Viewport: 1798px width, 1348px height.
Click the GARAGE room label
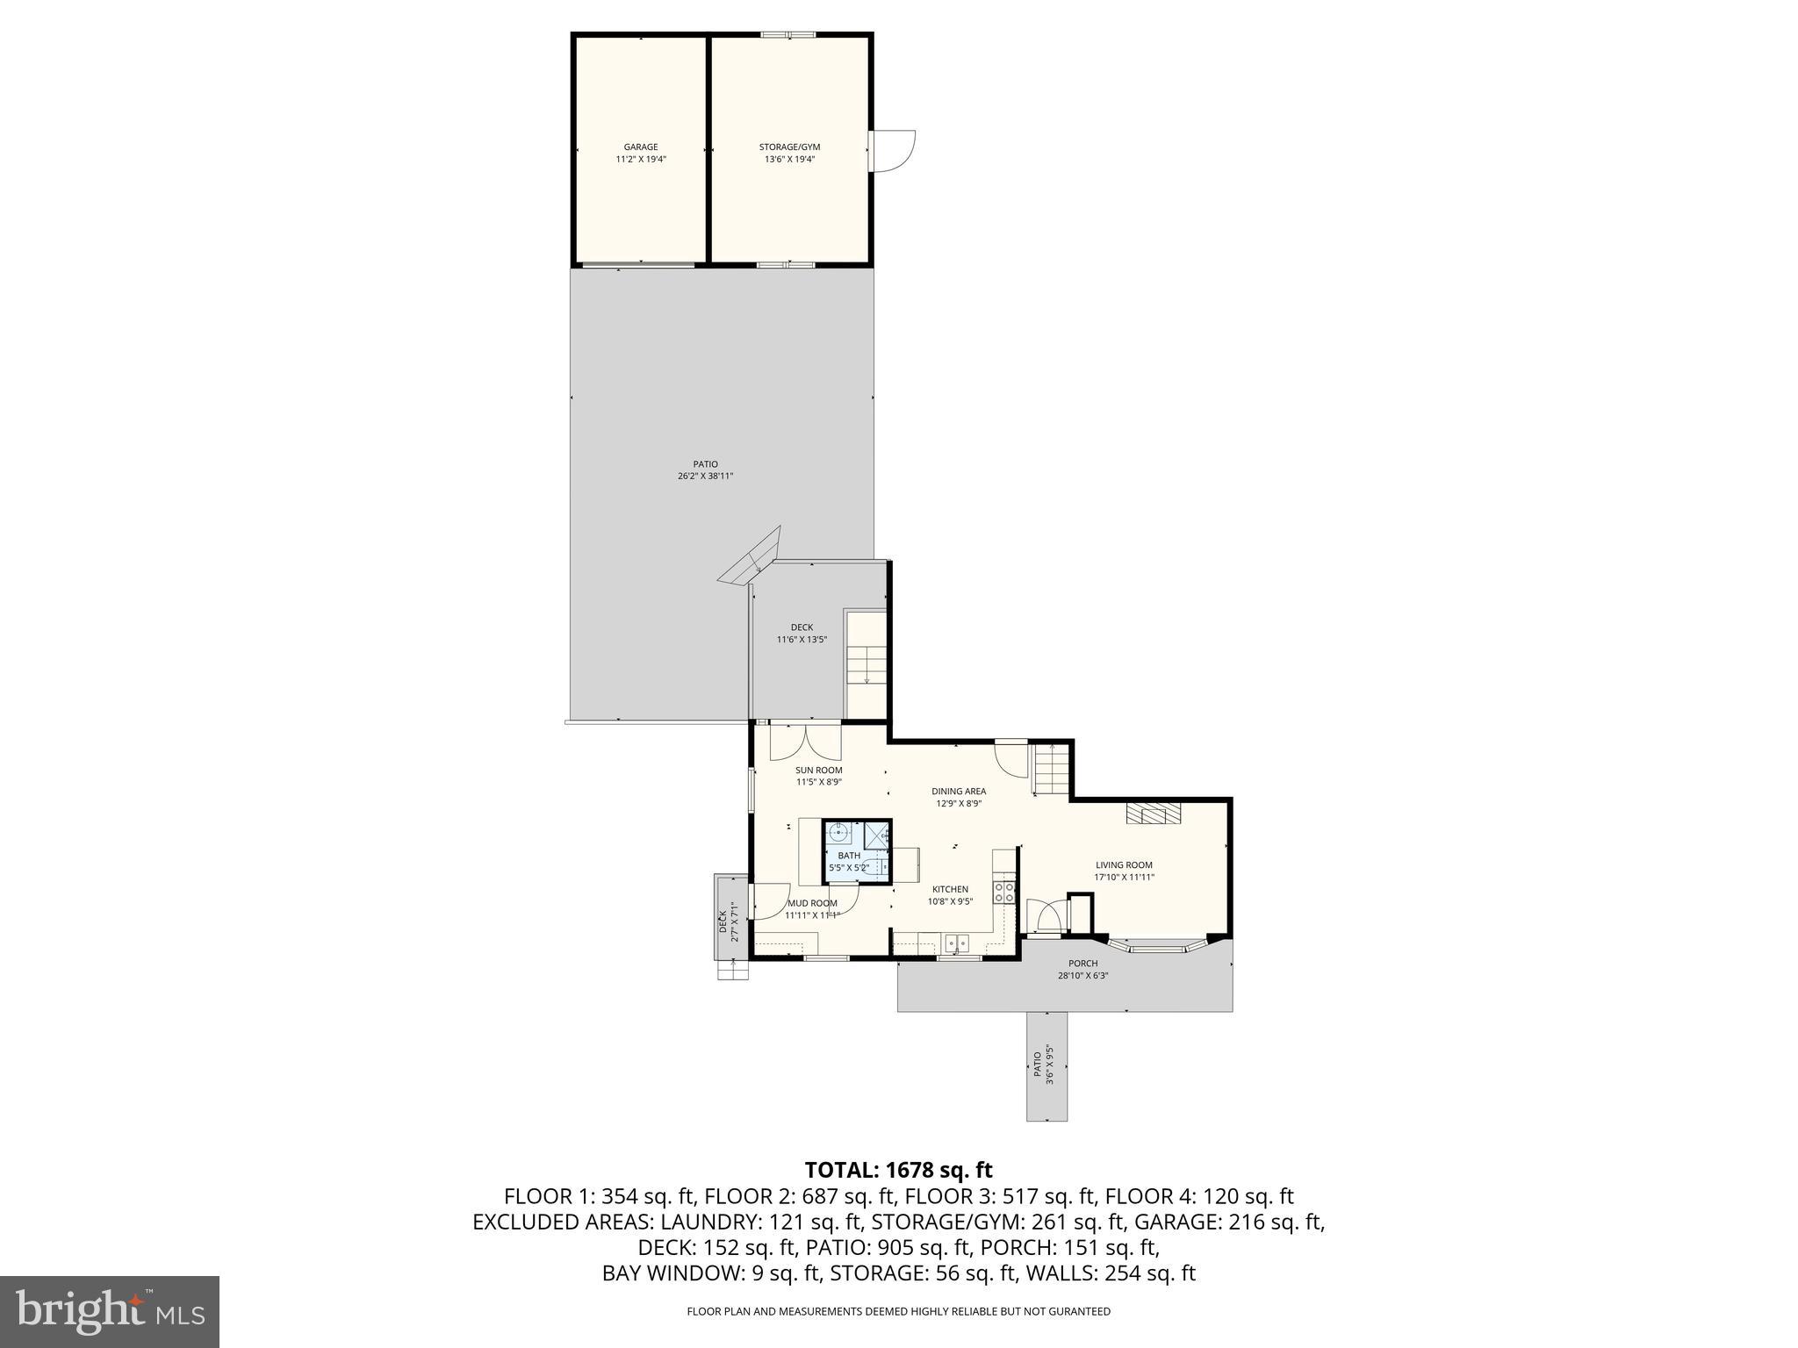[x=641, y=154]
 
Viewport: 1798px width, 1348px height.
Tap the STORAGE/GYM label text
[x=789, y=154]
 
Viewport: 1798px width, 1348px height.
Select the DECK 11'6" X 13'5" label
[x=802, y=634]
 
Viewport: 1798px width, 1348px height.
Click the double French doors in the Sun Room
[x=806, y=742]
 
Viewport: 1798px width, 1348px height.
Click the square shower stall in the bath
[x=877, y=834]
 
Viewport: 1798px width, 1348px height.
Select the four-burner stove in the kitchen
[x=1003, y=893]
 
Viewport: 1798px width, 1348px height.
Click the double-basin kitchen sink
[x=957, y=943]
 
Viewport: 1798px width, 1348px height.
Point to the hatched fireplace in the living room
[x=1154, y=813]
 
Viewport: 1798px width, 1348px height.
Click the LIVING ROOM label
[x=1124, y=871]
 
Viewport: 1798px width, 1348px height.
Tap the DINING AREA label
[x=959, y=797]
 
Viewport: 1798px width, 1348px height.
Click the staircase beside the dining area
[x=1052, y=767]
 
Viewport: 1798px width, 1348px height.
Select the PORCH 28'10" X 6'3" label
[x=1082, y=969]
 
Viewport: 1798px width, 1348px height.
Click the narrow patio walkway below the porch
[x=1046, y=1065]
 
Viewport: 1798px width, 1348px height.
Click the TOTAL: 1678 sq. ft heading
[x=898, y=1170]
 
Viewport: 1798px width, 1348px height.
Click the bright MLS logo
[x=110, y=1312]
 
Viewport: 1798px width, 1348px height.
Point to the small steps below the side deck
[x=732, y=969]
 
